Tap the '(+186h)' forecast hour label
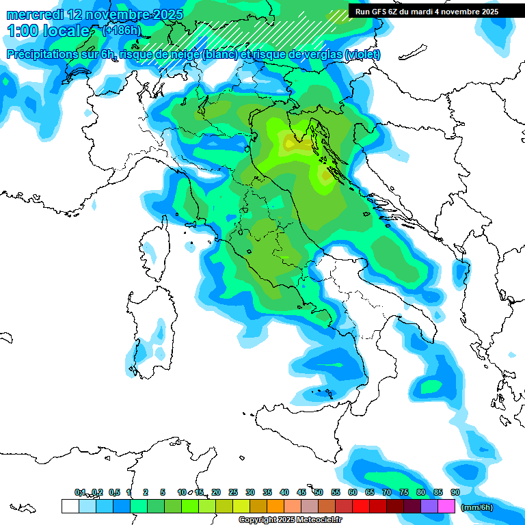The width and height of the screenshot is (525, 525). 121,30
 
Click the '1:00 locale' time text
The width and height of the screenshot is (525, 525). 49,31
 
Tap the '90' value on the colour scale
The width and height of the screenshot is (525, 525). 455,492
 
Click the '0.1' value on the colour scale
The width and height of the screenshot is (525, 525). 80,492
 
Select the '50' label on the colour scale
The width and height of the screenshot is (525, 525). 319,492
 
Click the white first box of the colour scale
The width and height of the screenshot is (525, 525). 70,506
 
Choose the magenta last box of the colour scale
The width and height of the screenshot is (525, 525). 446,506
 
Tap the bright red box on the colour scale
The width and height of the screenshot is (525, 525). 361,506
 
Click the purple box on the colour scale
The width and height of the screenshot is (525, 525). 429,506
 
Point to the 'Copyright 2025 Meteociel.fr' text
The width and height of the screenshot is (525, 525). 290,520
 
